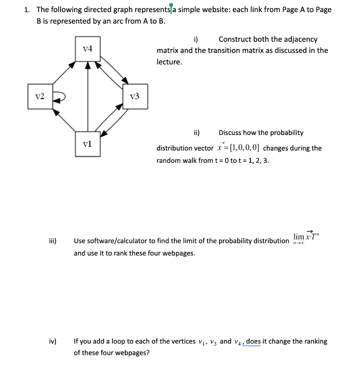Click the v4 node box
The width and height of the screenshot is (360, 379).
coord(88,48)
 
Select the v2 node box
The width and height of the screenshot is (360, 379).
coord(40,97)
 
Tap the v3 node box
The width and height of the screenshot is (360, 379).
coord(135,97)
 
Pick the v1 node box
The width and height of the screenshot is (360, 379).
coord(88,144)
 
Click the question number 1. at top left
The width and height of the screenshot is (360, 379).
coord(27,10)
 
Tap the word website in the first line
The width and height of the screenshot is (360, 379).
coord(215,10)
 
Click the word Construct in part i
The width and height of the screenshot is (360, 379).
coord(236,39)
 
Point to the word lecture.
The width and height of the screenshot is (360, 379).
coord(169,62)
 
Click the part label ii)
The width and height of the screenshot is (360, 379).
coord(197,133)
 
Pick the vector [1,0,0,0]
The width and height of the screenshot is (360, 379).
coord(244,148)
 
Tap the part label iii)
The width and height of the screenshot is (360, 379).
coord(53,241)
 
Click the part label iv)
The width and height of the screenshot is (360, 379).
coord(53,341)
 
